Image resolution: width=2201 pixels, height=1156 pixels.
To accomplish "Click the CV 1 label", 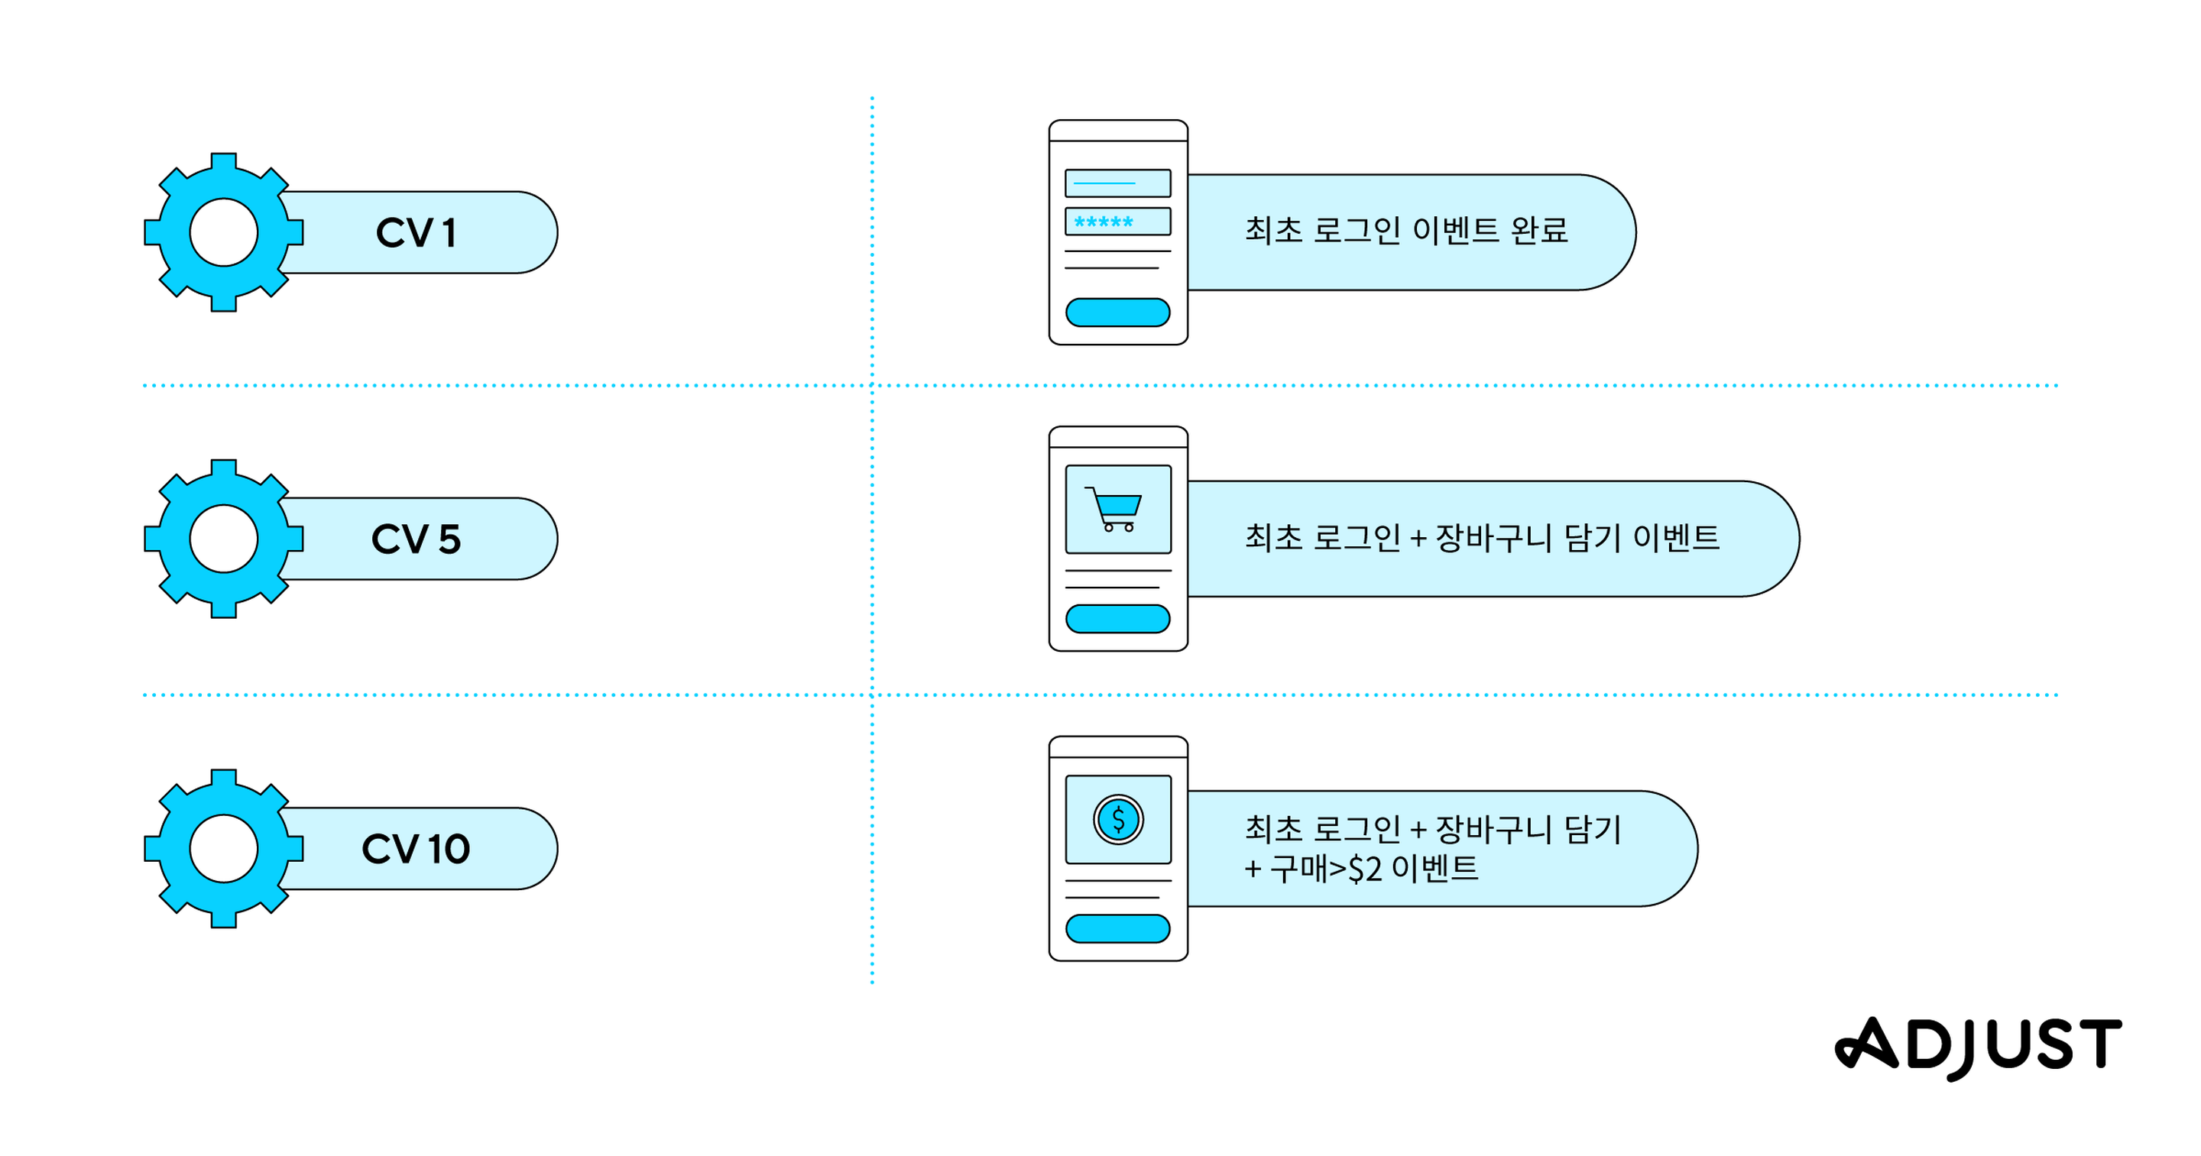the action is tap(415, 232).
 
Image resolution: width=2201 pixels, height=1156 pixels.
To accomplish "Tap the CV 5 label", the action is tap(415, 539).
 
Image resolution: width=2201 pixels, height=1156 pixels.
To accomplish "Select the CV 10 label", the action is tap(415, 848).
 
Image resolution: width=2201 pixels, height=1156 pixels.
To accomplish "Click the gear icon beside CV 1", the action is tap(224, 232).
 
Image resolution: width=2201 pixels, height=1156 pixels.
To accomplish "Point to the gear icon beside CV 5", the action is tap(224, 539).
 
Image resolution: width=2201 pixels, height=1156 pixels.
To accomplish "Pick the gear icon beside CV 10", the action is tap(224, 848).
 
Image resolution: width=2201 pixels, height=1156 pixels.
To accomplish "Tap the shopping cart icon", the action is tap(1113, 509).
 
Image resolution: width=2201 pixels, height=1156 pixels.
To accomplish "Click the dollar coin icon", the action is tap(1117, 819).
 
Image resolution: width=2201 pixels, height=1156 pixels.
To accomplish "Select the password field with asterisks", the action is tap(1117, 222).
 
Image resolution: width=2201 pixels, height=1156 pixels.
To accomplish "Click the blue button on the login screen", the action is tap(1117, 312).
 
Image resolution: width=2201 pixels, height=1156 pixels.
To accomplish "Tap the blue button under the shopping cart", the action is tap(1117, 619).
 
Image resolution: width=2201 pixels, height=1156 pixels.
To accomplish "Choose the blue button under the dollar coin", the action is tap(1117, 929).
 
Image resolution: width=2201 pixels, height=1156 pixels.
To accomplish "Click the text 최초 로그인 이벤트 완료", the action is tap(1406, 231).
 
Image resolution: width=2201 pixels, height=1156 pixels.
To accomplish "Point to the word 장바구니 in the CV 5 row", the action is tap(1493, 537).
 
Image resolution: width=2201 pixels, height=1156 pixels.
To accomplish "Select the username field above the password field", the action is tap(1117, 183).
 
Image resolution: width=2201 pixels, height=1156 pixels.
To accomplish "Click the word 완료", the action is tap(1540, 231).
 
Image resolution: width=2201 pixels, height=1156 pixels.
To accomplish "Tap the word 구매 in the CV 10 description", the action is tap(1297, 869).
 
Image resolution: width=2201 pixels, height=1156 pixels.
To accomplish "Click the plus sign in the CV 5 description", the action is tap(1418, 539).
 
